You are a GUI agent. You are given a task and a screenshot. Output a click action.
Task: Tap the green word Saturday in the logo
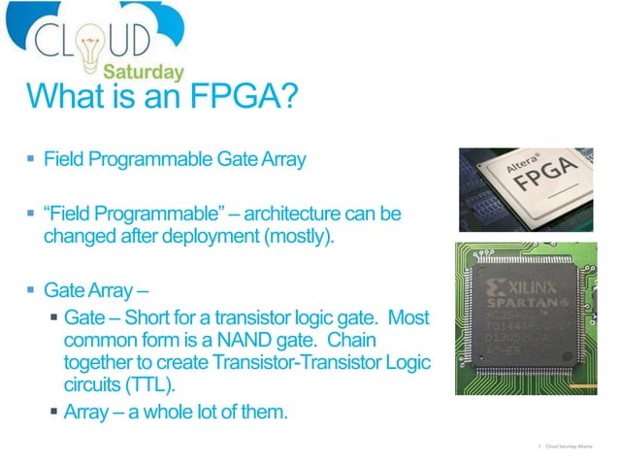tap(145, 73)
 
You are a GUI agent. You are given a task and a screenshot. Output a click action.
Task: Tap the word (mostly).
tap(301, 235)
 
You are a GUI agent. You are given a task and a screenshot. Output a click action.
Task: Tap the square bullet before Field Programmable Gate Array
tap(32, 159)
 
